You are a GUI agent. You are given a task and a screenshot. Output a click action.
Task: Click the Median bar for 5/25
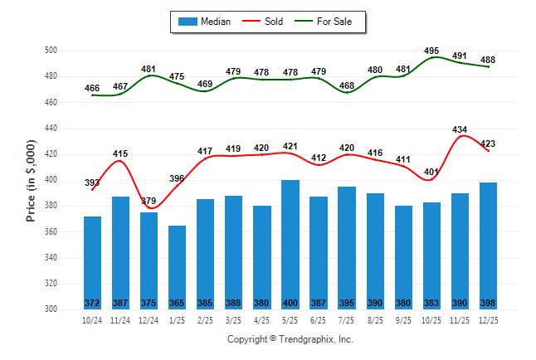pyautogui.click(x=290, y=241)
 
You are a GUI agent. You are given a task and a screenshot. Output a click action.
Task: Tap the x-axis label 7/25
pyautogui.click(x=346, y=320)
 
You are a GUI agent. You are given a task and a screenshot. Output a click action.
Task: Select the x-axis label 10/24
pyautogui.click(x=92, y=320)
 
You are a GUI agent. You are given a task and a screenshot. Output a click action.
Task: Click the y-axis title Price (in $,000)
pyautogui.click(x=31, y=179)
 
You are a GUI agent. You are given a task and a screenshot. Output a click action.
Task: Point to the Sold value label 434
pyautogui.click(x=460, y=129)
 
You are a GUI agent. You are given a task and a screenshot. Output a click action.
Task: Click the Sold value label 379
pyautogui.click(x=149, y=200)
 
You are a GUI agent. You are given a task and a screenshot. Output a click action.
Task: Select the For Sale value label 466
pyautogui.click(x=92, y=88)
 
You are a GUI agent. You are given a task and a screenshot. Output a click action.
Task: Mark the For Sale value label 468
pyautogui.click(x=346, y=85)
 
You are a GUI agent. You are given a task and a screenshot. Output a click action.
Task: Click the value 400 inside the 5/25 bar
pyautogui.click(x=290, y=302)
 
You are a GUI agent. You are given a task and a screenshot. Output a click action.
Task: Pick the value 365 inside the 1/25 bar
pyautogui.click(x=177, y=302)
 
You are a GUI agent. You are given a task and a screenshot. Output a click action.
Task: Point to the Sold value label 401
pyautogui.click(x=431, y=172)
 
